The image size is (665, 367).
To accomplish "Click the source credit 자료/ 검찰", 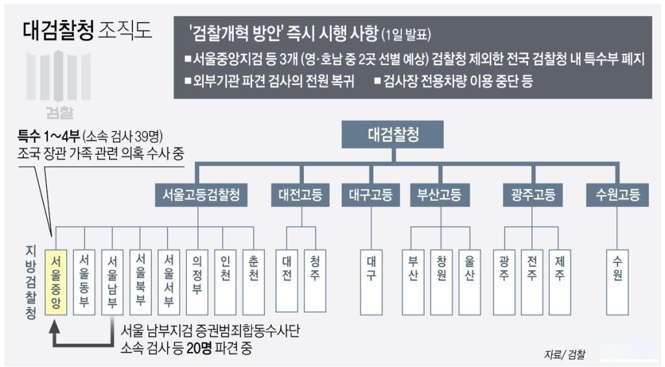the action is pyautogui.click(x=564, y=355).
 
